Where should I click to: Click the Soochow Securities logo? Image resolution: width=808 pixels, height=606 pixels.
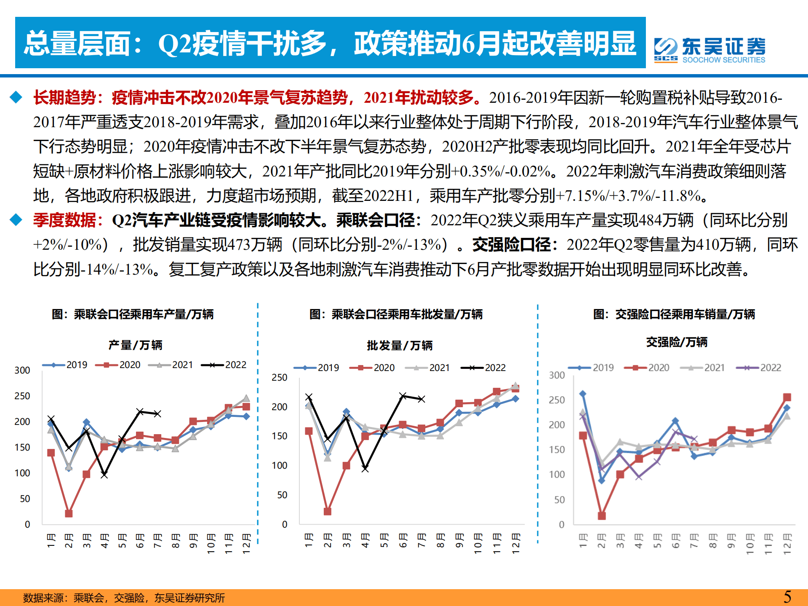pos(709,50)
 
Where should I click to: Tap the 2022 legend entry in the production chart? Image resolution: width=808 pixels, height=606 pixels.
pos(224,365)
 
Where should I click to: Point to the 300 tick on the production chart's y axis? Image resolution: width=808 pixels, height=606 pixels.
pos(22,370)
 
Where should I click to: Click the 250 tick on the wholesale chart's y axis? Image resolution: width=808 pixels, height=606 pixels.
pos(279,377)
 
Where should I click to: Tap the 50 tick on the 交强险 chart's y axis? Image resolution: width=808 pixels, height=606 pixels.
pos(559,500)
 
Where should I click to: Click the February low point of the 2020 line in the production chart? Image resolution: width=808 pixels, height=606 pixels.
pos(69,513)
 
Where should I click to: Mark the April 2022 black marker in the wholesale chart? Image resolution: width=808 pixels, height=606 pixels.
pos(365,468)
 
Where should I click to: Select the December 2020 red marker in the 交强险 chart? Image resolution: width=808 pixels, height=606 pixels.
pos(787,397)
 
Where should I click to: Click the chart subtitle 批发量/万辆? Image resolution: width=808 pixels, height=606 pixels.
pos(400,345)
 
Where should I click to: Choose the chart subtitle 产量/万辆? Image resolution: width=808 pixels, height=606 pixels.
pos(135,345)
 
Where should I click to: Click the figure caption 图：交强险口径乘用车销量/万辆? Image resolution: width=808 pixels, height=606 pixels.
pos(674,314)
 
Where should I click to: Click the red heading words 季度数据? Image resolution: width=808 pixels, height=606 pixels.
pos(64,220)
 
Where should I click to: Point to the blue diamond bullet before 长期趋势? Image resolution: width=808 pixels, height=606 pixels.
pos(16,97)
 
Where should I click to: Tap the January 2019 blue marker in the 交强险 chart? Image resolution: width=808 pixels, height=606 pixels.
pos(583,394)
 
